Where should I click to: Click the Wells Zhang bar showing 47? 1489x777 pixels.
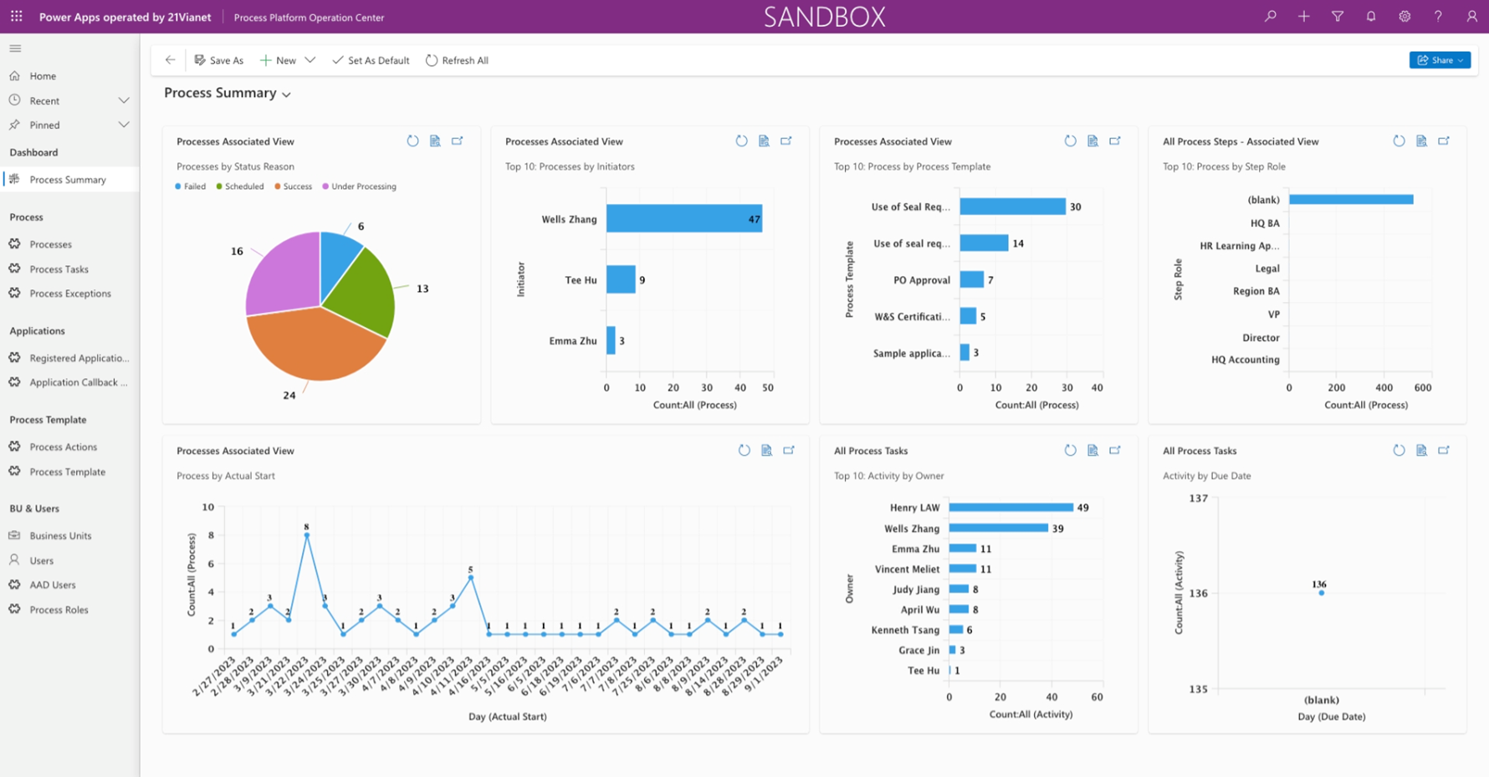[x=683, y=219]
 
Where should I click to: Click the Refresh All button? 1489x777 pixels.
[x=457, y=60]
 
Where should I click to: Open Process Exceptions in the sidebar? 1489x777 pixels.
[x=70, y=294]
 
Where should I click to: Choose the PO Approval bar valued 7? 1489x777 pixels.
[x=971, y=280]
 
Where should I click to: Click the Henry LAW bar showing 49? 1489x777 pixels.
[x=1011, y=508]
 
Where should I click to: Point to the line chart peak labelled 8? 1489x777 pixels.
[x=307, y=534]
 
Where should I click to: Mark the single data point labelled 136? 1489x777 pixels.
[x=1322, y=593]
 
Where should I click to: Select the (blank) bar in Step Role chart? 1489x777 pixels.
[x=1350, y=200]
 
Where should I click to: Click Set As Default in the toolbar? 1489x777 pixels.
[x=371, y=60]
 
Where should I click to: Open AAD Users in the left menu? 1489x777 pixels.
[x=53, y=585]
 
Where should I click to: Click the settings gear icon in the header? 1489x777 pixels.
[x=1405, y=17]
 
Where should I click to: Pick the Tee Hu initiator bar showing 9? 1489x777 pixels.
[x=621, y=280]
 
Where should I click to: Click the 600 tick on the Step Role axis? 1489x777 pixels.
[x=1422, y=388]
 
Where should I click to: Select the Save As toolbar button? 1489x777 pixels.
[x=219, y=60]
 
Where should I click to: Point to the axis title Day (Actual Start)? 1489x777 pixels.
[x=507, y=717]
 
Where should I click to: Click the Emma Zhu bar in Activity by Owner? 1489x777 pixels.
[x=962, y=549]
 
